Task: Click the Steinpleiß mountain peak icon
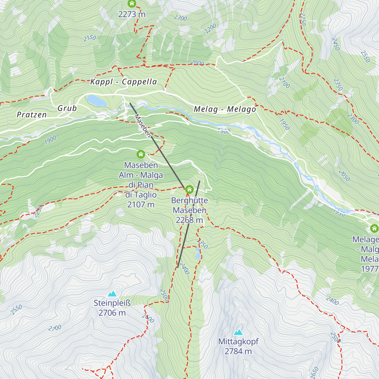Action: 112,294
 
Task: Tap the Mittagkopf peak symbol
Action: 238,332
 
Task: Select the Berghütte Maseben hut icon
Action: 189,189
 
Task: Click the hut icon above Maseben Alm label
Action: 141,154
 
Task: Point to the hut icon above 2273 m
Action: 132,4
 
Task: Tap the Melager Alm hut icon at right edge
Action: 374,228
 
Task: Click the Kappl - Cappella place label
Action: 123,82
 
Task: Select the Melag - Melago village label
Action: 225,109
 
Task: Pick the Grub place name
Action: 67,108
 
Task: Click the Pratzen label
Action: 32,115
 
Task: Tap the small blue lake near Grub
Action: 96,101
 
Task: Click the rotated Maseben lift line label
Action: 142,126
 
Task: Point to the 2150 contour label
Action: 90,38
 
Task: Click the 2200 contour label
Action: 210,29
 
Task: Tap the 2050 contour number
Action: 344,176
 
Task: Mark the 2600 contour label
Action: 148,318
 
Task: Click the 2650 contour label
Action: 315,373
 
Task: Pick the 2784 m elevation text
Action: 238,351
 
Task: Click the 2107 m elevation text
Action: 141,205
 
